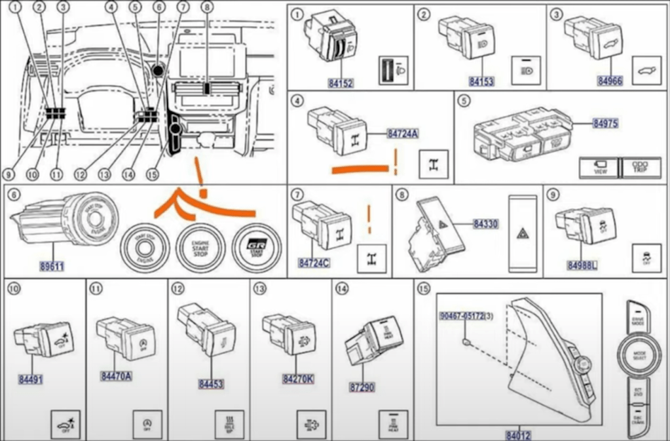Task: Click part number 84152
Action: (341, 83)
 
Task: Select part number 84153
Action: (481, 82)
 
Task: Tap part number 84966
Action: (610, 81)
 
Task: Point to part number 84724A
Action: (403, 134)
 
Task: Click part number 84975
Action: (606, 123)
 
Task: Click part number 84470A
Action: (116, 376)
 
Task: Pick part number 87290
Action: (362, 387)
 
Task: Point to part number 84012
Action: (517, 434)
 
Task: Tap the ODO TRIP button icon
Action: (640, 167)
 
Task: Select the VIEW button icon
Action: (599, 168)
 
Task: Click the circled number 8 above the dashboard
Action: (207, 8)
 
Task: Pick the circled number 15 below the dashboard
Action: (153, 175)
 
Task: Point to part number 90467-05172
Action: (462, 316)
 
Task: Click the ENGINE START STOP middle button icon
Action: (200, 249)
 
